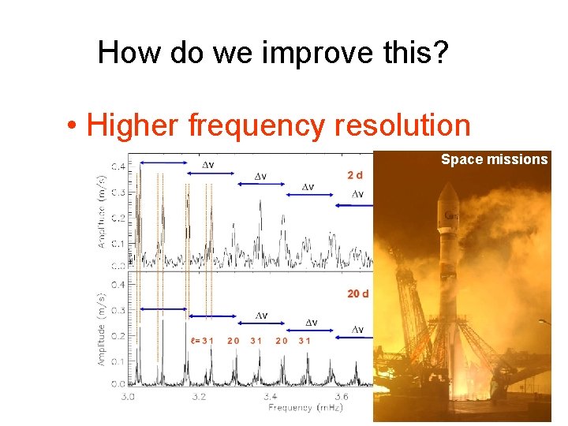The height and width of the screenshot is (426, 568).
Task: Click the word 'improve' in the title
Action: [312, 54]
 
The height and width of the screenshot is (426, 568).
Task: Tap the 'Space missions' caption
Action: [494, 159]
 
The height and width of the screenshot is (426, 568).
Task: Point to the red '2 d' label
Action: [356, 174]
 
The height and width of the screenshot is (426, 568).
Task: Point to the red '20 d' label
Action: [358, 293]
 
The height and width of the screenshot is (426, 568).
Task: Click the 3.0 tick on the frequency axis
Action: [129, 396]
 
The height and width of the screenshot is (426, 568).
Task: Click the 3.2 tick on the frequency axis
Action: [199, 396]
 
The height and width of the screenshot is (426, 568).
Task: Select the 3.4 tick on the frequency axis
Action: [270, 396]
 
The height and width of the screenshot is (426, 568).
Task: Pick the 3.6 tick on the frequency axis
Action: [341, 396]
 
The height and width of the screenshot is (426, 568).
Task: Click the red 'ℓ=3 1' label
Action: [201, 341]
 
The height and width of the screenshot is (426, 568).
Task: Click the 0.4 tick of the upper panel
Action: [116, 166]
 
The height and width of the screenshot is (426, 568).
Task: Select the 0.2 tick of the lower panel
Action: [116, 335]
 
